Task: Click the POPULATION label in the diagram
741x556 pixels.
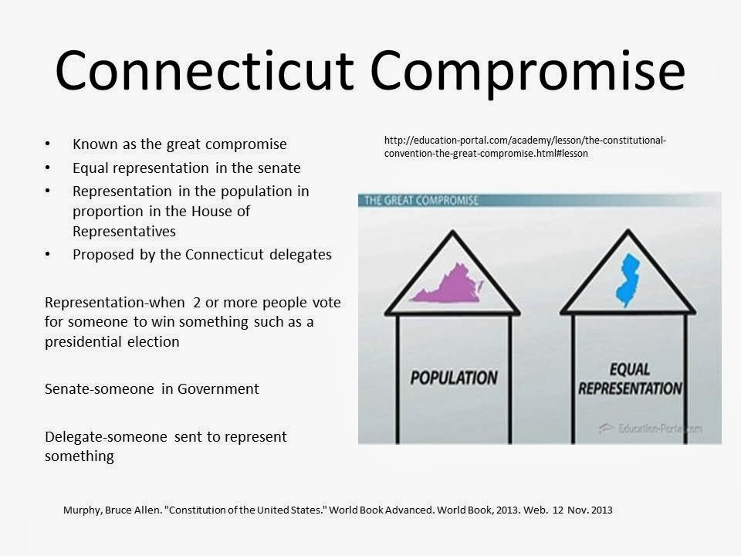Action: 453,378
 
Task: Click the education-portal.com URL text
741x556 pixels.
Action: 525,147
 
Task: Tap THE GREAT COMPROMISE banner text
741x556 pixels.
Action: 421,201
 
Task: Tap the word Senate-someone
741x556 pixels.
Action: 101,389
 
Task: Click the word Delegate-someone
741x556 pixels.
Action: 107,437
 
